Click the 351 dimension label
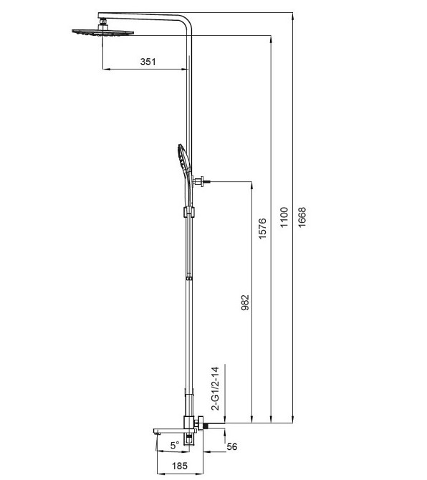tap(148, 62)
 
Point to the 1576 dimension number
tap(263, 228)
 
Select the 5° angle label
tap(175, 445)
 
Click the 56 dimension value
tap(231, 447)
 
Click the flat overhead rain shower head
tap(102, 32)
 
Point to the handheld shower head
tap(181, 165)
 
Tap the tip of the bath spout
tap(155, 431)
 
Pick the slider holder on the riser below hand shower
tap(188, 213)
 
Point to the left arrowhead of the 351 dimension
tap(107, 69)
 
